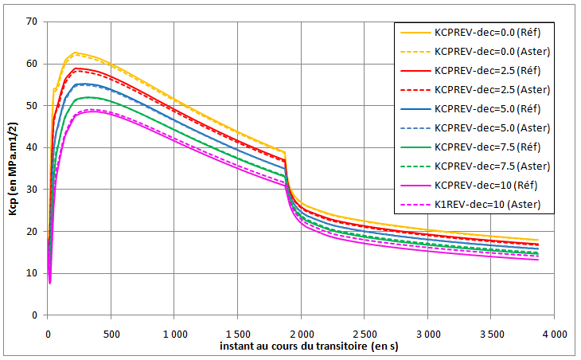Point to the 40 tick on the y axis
click(x=33, y=147)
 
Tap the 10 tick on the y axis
click(x=33, y=273)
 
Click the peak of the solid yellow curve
click(x=75, y=53)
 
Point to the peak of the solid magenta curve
click(x=93, y=111)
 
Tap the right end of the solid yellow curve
click(x=538, y=240)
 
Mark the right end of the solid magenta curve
click(x=538, y=260)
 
